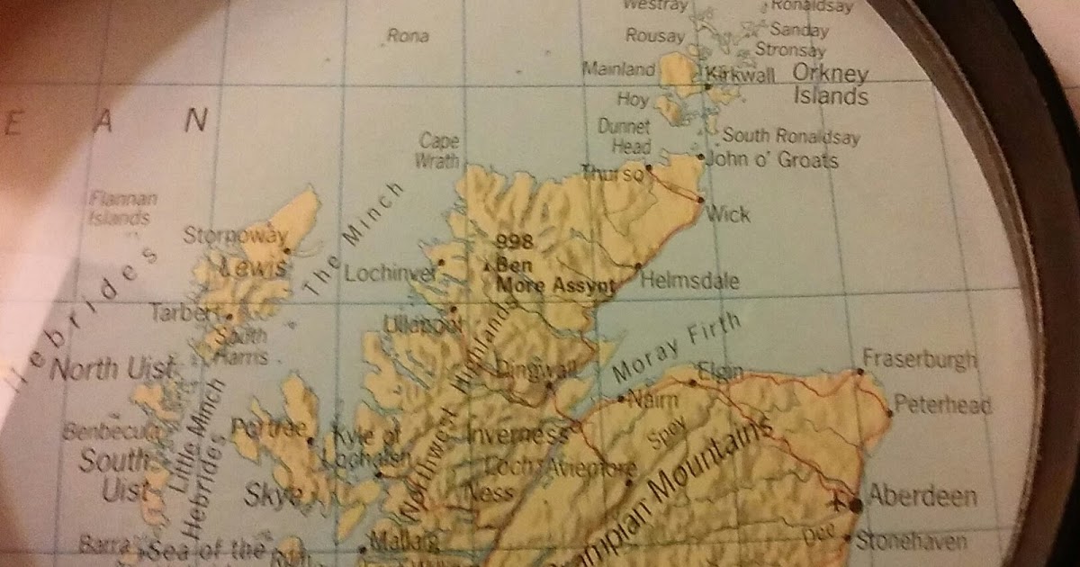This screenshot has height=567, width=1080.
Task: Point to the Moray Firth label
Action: click(x=676, y=347)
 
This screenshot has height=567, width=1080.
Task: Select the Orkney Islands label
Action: click(x=830, y=85)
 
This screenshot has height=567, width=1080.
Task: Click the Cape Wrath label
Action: click(x=438, y=150)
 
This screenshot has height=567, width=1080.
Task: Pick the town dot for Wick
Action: click(x=700, y=199)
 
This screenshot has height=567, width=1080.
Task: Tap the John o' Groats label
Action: click(x=773, y=160)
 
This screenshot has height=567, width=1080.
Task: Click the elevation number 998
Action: click(x=515, y=240)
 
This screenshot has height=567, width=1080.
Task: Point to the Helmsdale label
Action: click(x=689, y=281)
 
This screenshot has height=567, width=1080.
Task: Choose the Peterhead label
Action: click(x=940, y=405)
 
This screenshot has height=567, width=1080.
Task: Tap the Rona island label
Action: click(x=407, y=37)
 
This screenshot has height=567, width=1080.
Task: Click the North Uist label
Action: click(x=111, y=369)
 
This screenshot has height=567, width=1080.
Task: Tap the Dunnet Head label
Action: click(x=624, y=137)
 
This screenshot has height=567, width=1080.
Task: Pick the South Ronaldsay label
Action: click(x=791, y=138)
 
